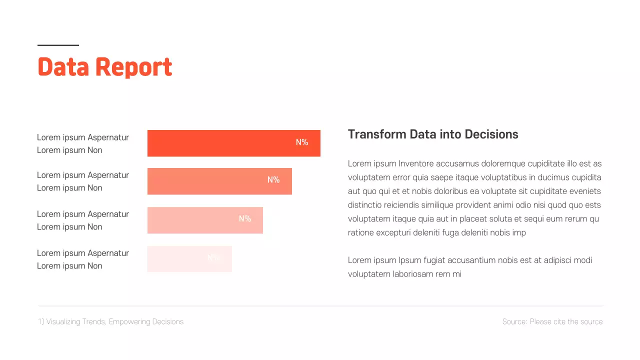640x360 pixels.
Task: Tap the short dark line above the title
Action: [x=58, y=45]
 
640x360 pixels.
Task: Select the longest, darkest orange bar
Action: [x=220, y=143]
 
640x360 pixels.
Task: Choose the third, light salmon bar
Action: [x=190, y=220]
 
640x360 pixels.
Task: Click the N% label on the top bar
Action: [x=302, y=142]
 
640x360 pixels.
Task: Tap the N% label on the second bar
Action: [x=273, y=180]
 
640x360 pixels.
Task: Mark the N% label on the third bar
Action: [x=245, y=219]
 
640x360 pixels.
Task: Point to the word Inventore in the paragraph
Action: [x=416, y=163]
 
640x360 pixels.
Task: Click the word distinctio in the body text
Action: [x=365, y=205]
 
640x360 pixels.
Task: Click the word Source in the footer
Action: [x=514, y=322]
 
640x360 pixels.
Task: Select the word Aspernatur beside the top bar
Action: [x=108, y=137]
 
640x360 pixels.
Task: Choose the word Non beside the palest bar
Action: [x=95, y=266]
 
